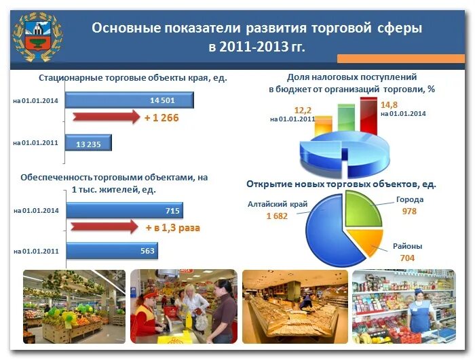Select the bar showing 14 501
point(130,100)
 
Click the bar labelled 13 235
point(88,143)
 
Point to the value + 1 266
point(161,117)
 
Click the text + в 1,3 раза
point(172,228)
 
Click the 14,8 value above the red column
point(389,104)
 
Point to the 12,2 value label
point(303,110)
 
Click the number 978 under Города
point(408,212)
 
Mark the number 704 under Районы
point(407,258)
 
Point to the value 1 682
point(278,216)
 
